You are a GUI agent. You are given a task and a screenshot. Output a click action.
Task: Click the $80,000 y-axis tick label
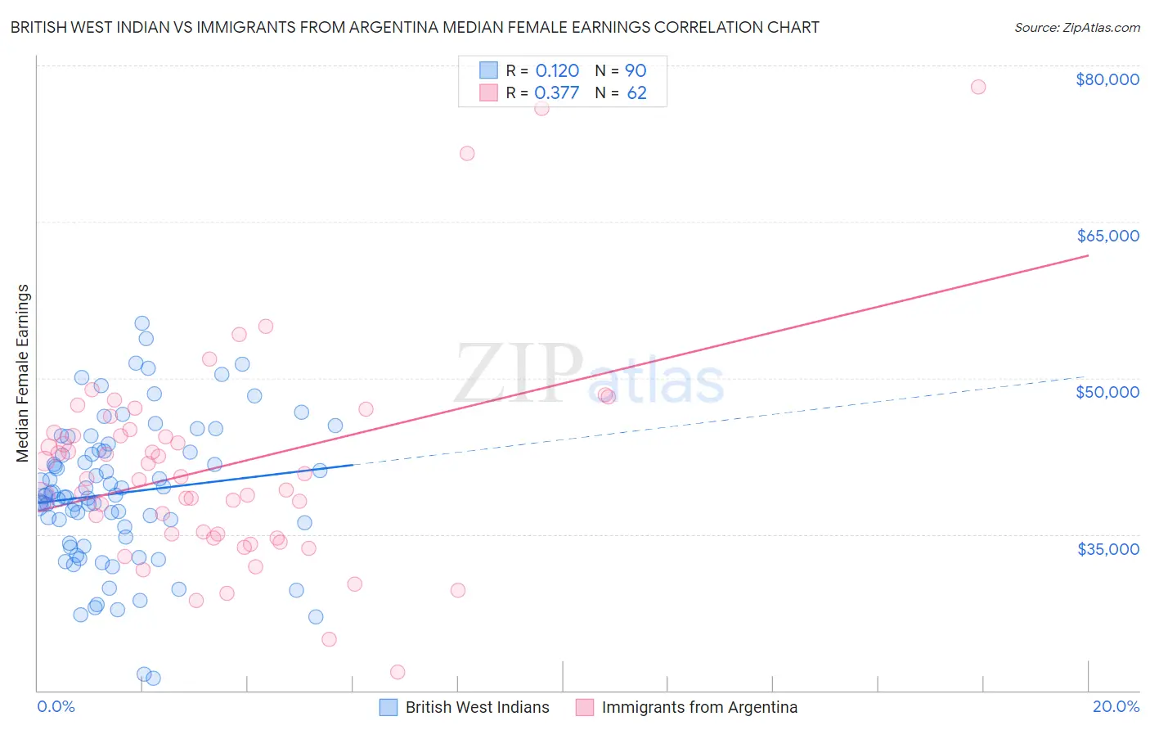[x=1107, y=79]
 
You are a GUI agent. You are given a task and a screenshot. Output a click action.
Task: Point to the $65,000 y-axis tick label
[x=1107, y=236]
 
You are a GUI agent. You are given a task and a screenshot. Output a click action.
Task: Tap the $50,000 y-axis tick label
[x=1107, y=392]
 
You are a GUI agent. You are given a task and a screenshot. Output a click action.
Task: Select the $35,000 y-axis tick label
[x=1107, y=548]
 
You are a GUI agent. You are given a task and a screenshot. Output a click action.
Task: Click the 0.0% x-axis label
[x=56, y=706]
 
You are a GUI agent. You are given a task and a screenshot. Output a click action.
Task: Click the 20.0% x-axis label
[x=1116, y=706]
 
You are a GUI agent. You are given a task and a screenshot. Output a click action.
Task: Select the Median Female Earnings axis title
[x=23, y=373]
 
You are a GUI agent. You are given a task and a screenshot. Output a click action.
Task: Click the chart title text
[x=415, y=27]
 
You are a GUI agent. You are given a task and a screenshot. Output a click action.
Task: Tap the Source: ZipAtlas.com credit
[x=1076, y=27]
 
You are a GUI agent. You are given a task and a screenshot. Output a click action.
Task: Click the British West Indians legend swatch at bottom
[x=389, y=707]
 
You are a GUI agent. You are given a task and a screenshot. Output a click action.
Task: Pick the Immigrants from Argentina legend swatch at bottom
[x=584, y=707]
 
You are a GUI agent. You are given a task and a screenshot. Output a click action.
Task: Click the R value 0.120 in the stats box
[x=557, y=70]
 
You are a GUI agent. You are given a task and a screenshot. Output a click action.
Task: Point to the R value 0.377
[x=556, y=92]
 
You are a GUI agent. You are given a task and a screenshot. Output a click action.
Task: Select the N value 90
[x=636, y=70]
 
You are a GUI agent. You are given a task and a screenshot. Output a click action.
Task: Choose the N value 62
[x=636, y=92]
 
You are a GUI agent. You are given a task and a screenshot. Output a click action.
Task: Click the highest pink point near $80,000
[x=977, y=87]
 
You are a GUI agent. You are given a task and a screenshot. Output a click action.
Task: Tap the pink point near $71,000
[x=467, y=153]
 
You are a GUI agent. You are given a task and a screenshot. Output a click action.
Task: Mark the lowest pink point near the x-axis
[x=398, y=672]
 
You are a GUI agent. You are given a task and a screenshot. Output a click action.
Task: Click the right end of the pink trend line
[x=1088, y=255]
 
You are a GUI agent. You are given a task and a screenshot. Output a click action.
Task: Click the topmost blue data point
[x=142, y=323]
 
